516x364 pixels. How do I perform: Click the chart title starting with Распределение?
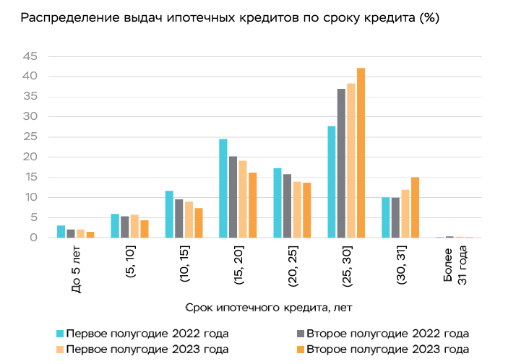pos(230,17)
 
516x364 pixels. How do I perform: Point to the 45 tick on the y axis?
pos(30,56)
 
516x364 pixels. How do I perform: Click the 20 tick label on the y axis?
pos(30,157)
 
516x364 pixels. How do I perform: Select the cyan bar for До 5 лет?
pos(61,232)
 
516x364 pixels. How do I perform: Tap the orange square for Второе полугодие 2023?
pos(299,350)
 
